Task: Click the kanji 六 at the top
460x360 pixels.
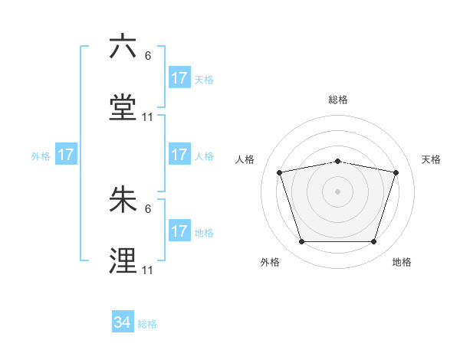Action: [123, 47]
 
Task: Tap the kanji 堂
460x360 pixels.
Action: [123, 108]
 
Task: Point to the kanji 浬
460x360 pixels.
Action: [123, 260]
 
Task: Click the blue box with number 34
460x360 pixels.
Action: [123, 322]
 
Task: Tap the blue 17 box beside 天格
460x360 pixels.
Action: [179, 78]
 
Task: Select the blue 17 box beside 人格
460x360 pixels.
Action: [179, 155]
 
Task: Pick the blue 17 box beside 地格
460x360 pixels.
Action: [179, 231]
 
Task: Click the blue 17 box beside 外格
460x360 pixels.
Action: [66, 155]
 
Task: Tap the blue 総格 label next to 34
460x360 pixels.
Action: [147, 324]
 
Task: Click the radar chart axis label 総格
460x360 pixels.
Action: [337, 100]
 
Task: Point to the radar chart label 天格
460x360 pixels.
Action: [431, 159]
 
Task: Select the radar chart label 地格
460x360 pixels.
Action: [402, 263]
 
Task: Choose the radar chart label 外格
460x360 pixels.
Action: [270, 263]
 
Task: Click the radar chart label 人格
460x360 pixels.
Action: [245, 159]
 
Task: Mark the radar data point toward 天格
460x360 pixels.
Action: [396, 172]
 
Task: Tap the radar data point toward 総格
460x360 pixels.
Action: [337, 161]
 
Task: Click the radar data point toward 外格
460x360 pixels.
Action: [301, 242]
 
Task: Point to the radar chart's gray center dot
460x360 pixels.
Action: [337, 191]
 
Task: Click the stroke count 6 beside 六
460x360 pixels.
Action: [148, 55]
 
